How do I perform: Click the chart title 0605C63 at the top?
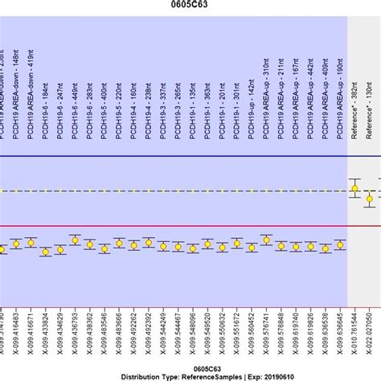pyautogui.click(x=190, y=5)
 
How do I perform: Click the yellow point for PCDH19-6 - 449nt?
pyautogui.click(x=75, y=240)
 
